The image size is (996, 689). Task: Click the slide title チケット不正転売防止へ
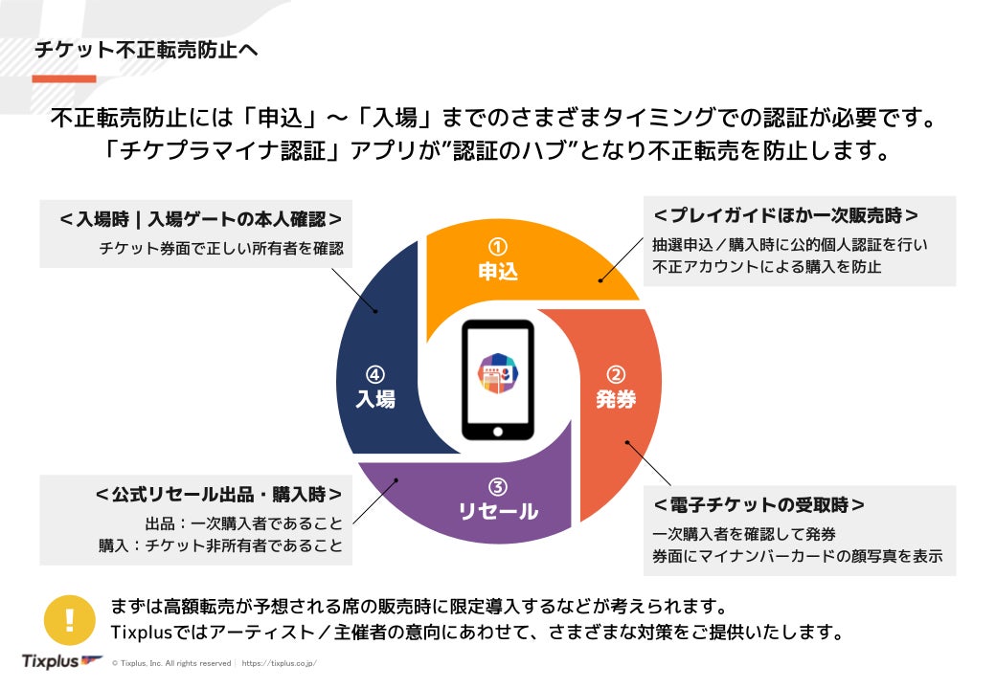pos(146,50)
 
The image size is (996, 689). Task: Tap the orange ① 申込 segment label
pos(498,260)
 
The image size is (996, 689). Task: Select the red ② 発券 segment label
pos(616,389)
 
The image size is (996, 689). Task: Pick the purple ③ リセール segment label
pos(497,500)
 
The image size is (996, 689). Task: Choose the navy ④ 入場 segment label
pos(375,389)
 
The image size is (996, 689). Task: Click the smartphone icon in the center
pos(497,379)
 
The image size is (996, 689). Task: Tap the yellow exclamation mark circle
pos(69,620)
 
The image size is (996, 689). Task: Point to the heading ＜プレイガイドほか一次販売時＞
pos(785,215)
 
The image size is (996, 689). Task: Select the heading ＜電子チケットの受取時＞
pos(758,504)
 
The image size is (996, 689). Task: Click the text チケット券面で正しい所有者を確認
pos(220,249)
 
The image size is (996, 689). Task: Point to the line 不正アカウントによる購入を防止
pos(767,267)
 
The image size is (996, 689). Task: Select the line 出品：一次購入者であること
pos(243,523)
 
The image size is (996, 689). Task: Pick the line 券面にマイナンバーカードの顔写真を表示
pos(797,556)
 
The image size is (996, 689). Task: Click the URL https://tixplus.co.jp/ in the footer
pos(279,663)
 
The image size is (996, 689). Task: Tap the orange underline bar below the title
pos(64,78)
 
